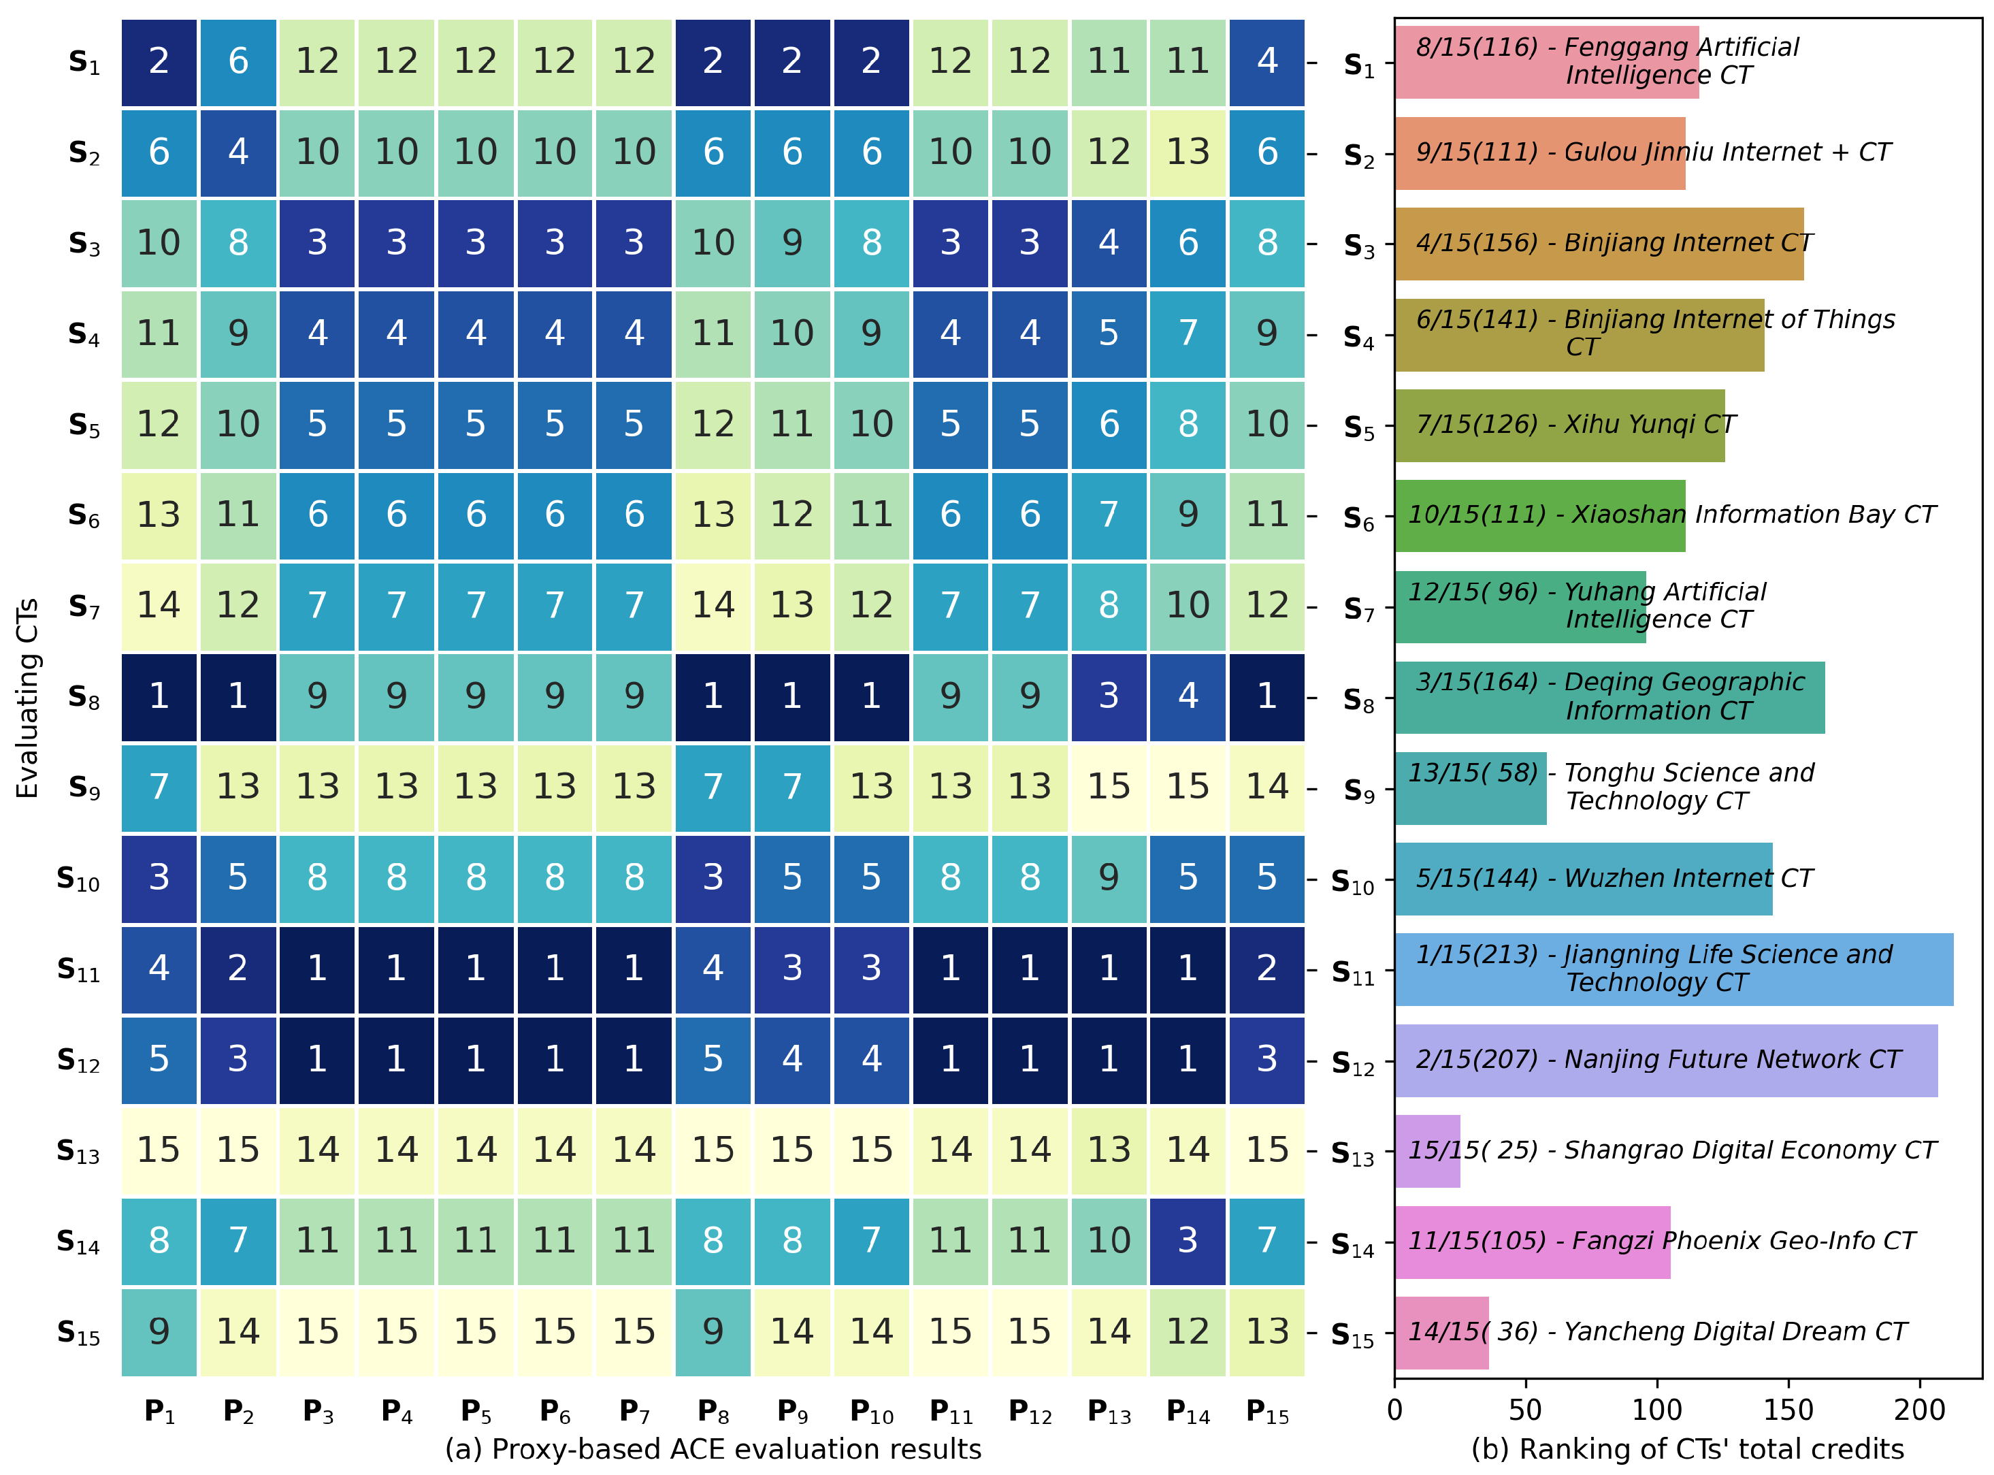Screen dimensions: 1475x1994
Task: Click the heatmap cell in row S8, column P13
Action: (1109, 696)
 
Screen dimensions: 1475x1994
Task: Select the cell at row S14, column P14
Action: (1187, 1240)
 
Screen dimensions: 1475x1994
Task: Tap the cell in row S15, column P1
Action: (159, 1331)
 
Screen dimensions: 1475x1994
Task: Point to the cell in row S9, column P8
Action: (713, 787)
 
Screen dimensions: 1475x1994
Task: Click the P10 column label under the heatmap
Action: (871, 1412)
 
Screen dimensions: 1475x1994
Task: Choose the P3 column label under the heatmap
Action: (318, 1412)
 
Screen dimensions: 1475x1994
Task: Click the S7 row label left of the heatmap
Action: (84, 608)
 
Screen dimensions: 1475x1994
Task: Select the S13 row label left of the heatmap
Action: (78, 1152)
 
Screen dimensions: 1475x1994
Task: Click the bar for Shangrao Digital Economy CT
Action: (1427, 1151)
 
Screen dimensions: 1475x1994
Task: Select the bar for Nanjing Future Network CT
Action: (1665, 1060)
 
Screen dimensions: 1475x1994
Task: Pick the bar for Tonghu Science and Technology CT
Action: (1470, 788)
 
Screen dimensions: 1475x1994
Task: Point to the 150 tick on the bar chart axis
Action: (1788, 1411)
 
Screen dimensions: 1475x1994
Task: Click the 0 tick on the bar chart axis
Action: (1395, 1411)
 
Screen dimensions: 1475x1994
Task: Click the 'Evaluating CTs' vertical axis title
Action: (28, 697)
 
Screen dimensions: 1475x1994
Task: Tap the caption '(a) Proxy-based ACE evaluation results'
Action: (713, 1450)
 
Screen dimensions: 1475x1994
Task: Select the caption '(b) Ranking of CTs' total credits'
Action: (1687, 1450)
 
